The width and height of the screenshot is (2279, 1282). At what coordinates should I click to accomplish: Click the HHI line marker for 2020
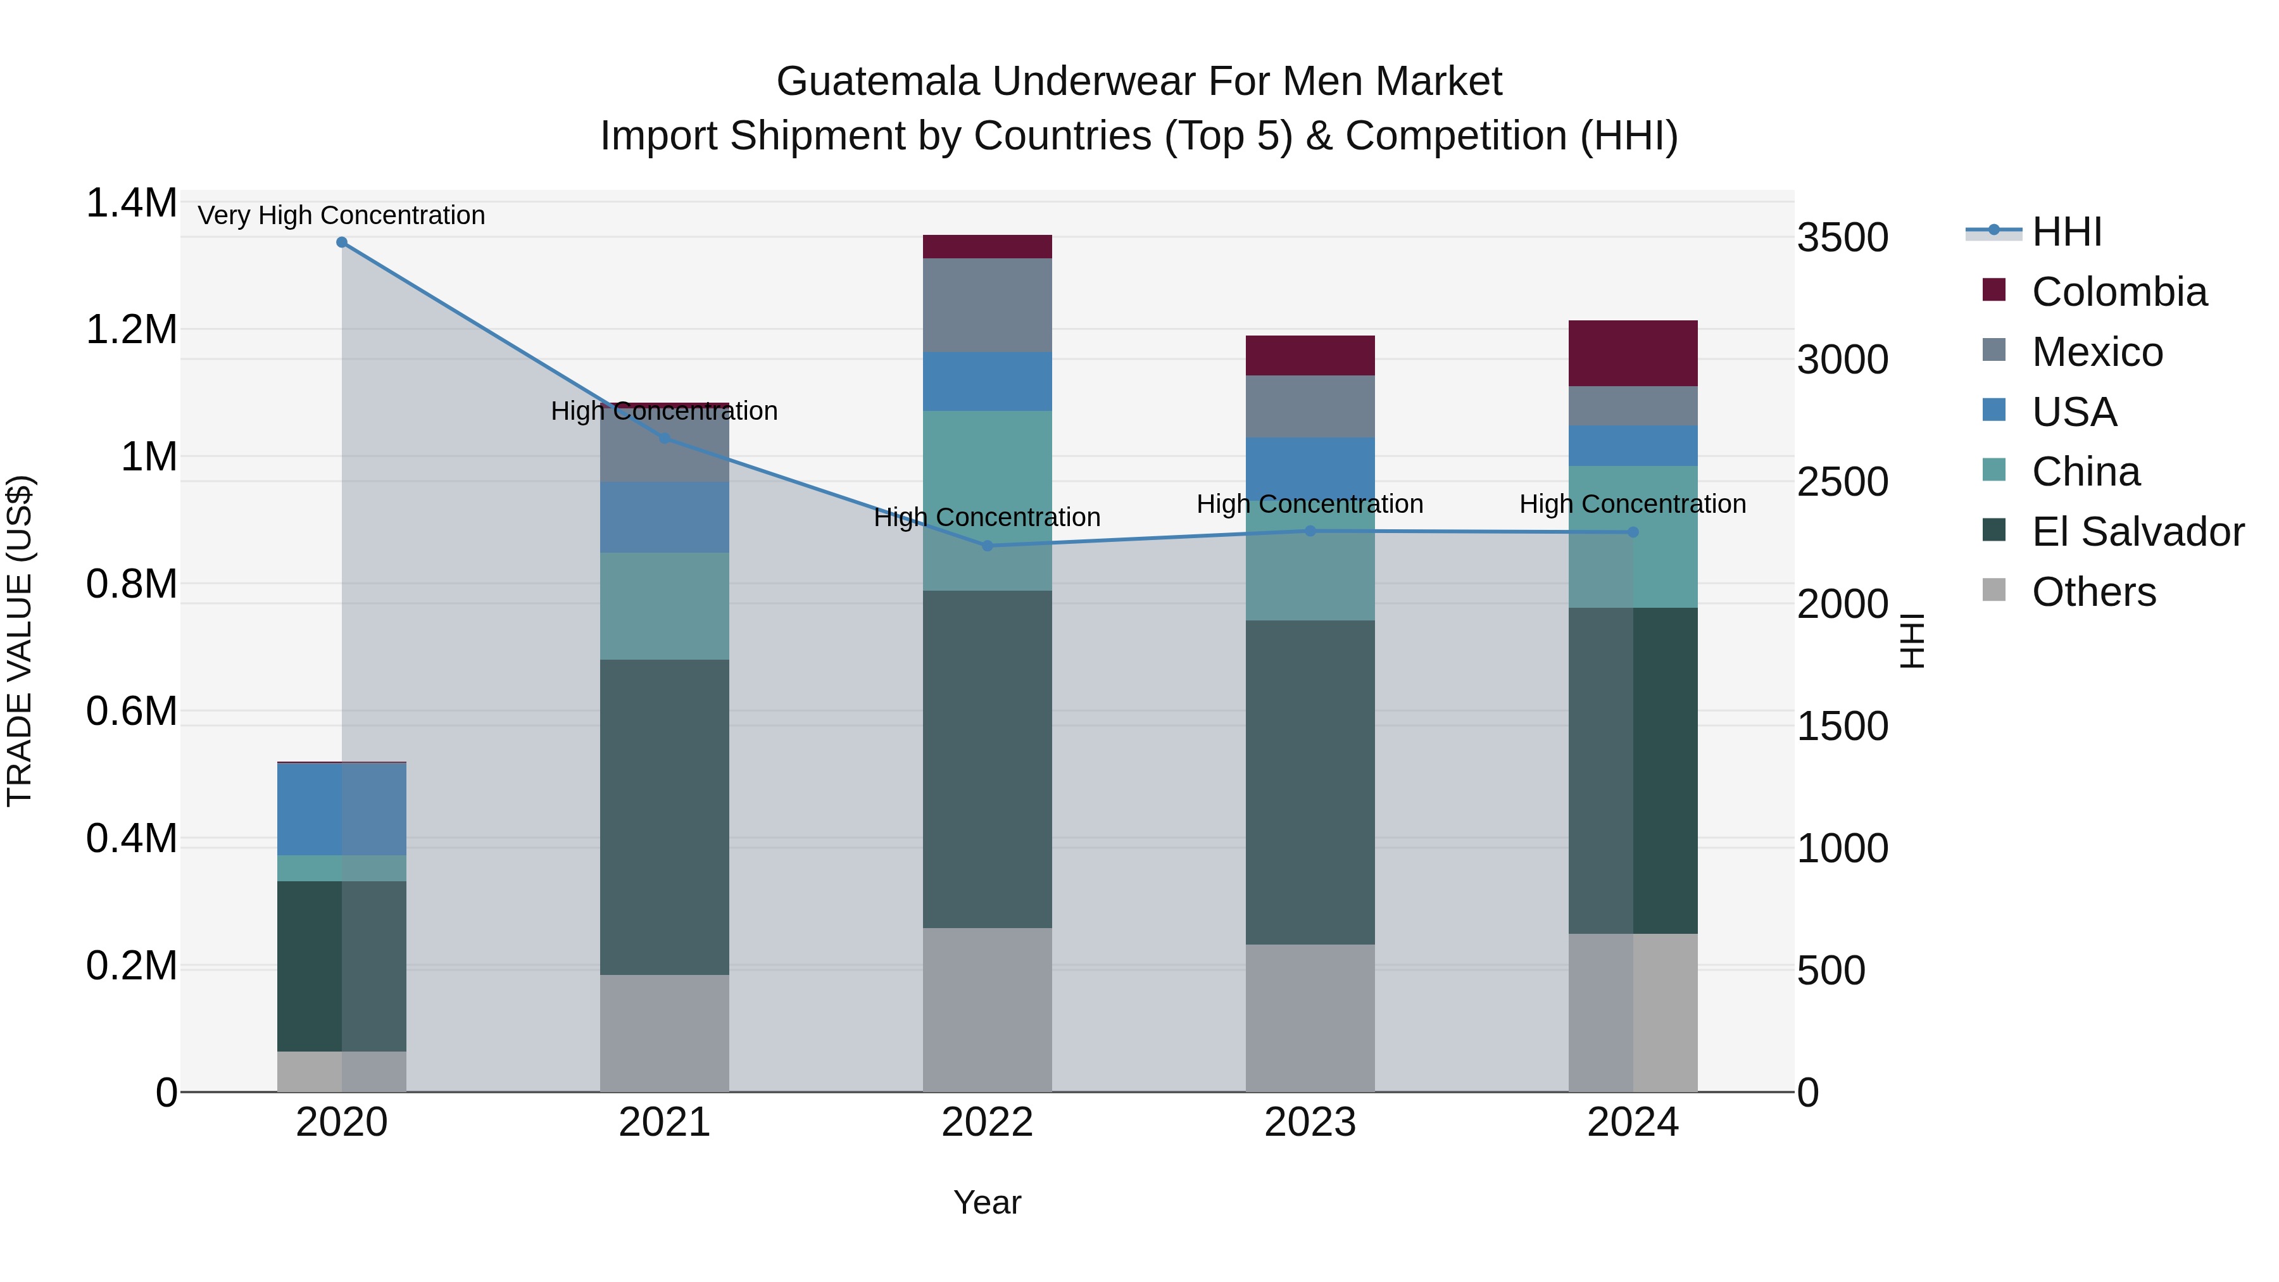pos(341,242)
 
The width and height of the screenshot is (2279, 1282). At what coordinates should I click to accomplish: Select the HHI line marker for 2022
pos(988,546)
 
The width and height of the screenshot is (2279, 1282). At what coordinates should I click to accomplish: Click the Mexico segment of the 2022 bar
pos(988,305)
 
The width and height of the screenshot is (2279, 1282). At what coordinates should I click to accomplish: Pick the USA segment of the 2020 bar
pos(341,808)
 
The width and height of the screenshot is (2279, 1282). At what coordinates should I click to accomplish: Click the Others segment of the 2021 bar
pos(665,1033)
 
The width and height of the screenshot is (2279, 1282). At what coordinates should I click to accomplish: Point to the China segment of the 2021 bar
pos(665,606)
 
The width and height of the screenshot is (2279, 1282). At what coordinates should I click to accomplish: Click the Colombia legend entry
pos(2118,292)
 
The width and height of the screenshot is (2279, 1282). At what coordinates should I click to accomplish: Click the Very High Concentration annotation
pos(341,215)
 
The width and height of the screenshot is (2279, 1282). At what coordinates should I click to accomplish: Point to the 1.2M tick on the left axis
pos(131,330)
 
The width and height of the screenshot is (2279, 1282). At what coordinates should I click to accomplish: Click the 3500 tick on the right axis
pos(1843,238)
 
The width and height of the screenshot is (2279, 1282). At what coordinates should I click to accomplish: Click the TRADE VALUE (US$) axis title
pos(20,641)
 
